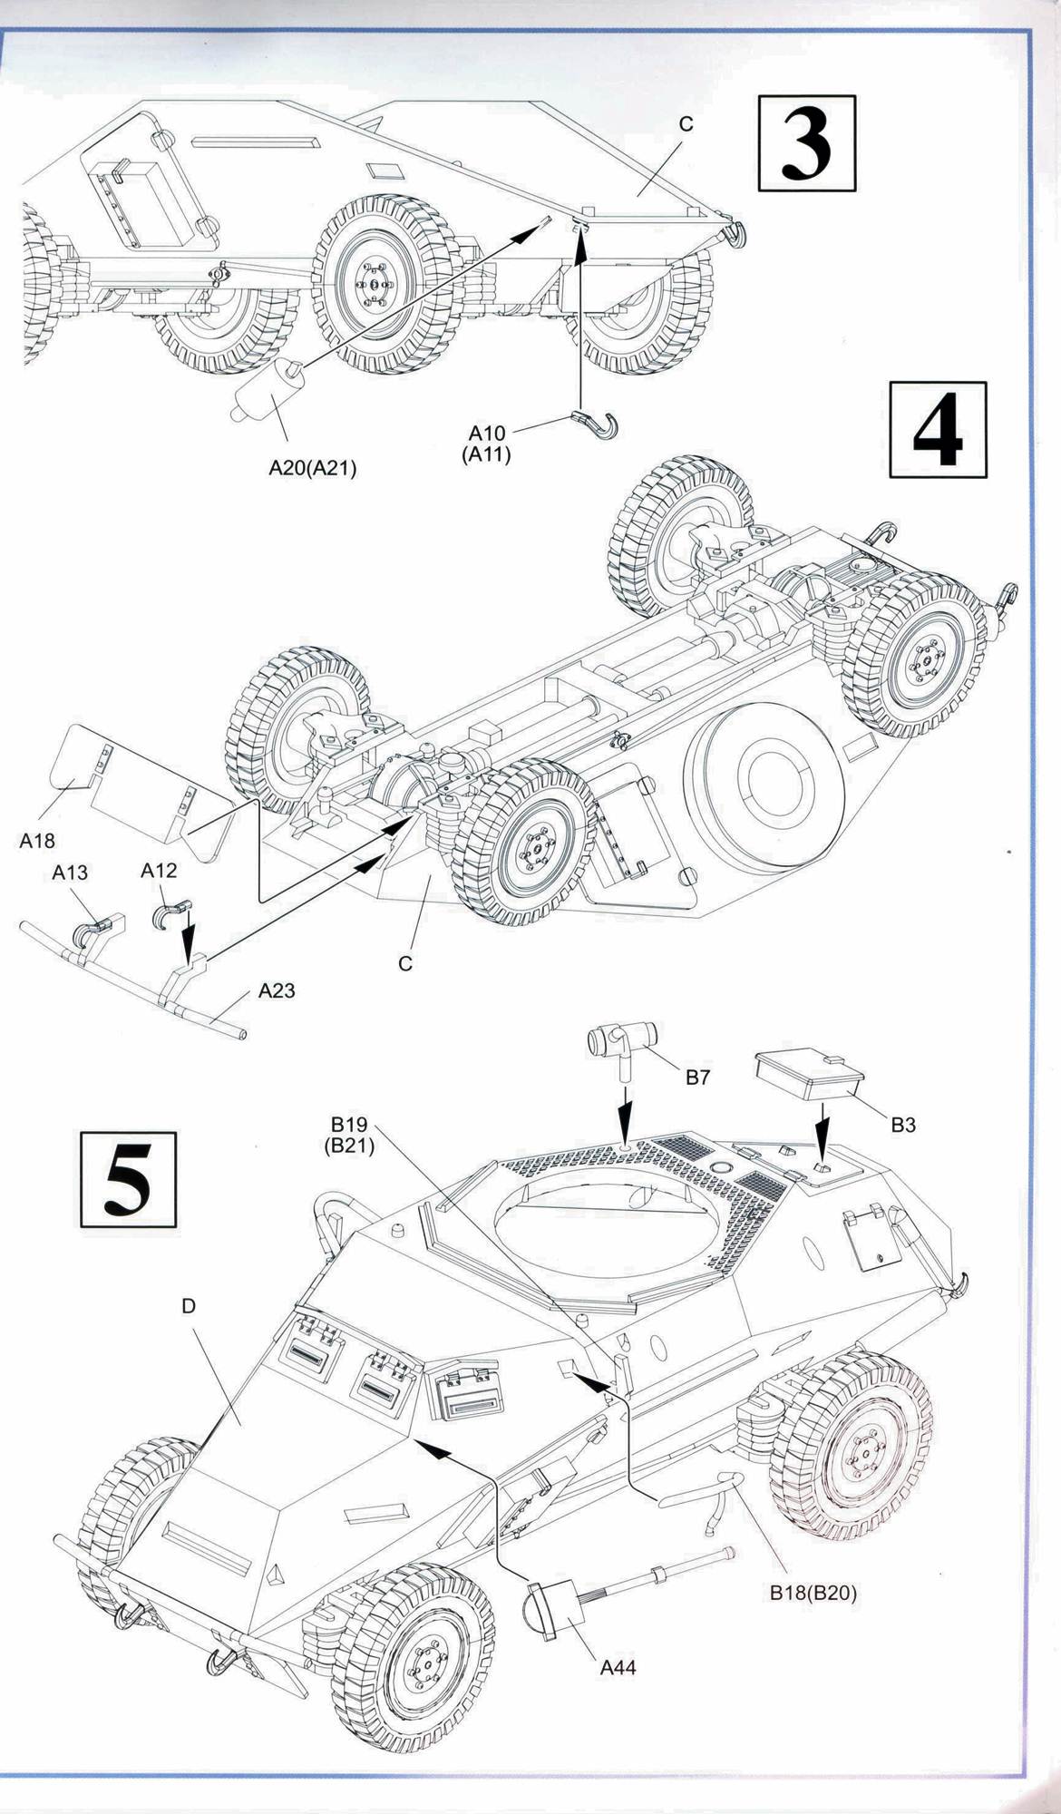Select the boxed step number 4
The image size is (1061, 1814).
click(x=938, y=430)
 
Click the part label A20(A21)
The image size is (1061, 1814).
click(x=313, y=468)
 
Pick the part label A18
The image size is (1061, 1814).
click(x=37, y=841)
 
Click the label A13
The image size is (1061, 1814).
click(x=70, y=873)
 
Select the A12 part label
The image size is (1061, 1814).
click(x=159, y=871)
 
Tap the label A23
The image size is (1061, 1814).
click(x=277, y=990)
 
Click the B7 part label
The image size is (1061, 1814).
click(x=697, y=1078)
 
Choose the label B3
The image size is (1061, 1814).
click(x=902, y=1125)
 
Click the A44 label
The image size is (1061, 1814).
click(x=618, y=1666)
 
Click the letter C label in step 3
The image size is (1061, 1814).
click(x=686, y=124)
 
